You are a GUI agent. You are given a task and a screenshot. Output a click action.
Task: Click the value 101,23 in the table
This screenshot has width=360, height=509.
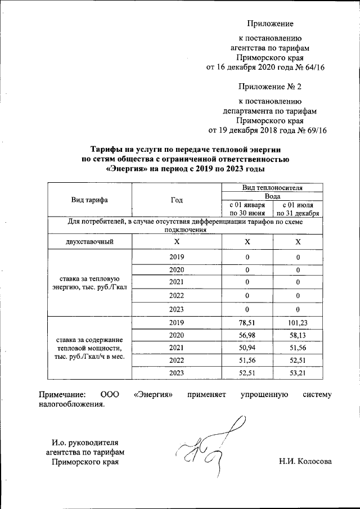tap(298, 323)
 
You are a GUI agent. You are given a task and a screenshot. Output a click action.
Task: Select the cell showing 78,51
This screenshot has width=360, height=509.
tap(247, 323)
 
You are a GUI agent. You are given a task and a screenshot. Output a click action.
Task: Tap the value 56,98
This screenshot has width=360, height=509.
tap(247, 335)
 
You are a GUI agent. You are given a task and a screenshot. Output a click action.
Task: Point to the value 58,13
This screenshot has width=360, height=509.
tap(298, 335)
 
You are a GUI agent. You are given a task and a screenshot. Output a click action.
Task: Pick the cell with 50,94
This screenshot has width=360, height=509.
tap(247, 348)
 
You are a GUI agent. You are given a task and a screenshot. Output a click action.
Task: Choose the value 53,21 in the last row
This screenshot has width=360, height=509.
tap(298, 372)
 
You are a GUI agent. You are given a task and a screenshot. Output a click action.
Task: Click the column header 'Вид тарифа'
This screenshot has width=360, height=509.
tap(89, 200)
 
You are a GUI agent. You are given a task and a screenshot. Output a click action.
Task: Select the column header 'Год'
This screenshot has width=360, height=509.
tap(177, 200)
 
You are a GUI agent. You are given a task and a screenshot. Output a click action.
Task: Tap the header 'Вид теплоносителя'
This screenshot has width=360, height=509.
tap(272, 188)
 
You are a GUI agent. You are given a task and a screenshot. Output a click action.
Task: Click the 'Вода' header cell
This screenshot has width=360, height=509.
tap(272, 196)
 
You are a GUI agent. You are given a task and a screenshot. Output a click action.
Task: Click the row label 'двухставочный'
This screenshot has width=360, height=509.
tap(89, 242)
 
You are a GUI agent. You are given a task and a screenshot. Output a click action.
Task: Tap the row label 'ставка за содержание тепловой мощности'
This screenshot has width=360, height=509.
tap(89, 348)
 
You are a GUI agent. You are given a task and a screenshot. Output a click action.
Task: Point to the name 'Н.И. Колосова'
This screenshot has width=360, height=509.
tap(305, 462)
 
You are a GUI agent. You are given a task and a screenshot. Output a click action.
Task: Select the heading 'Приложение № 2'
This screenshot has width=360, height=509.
tap(270, 87)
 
